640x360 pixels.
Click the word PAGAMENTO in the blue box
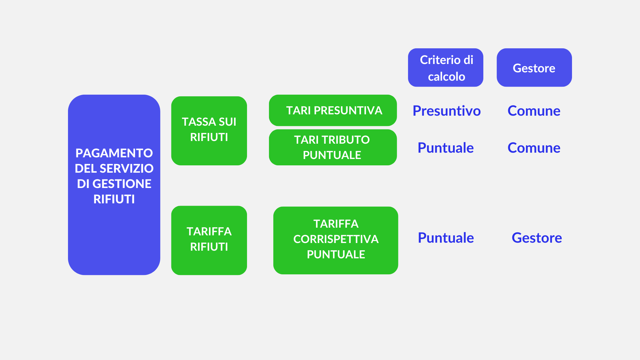coord(114,153)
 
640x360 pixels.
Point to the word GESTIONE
coord(122,184)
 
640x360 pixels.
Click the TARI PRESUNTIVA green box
coord(333,110)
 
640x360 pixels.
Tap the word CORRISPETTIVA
coord(336,239)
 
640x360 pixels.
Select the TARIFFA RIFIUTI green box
coord(209,240)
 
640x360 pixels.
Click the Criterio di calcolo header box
coord(446,68)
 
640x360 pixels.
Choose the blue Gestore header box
coord(534,68)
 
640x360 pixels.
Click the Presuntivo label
coord(447,111)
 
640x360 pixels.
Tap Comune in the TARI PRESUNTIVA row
coord(534,111)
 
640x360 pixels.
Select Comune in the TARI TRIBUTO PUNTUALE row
coord(534,148)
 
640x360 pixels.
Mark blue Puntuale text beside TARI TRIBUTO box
coord(446,148)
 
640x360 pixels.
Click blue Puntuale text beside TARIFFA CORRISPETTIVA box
coord(446,238)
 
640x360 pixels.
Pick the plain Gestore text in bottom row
coord(537,238)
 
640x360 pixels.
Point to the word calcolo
coord(447,77)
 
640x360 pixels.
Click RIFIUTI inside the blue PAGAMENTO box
coord(114,199)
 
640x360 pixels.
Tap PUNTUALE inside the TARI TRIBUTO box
coord(332,155)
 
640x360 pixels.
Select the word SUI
coord(227,122)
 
